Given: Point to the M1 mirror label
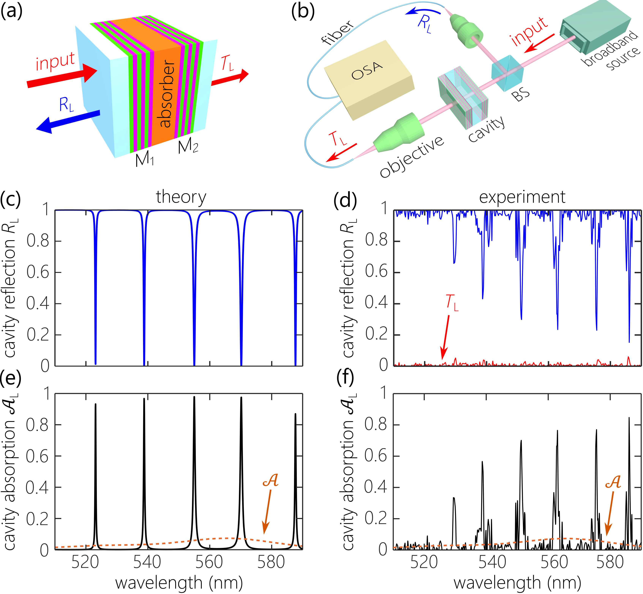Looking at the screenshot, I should click(145, 159).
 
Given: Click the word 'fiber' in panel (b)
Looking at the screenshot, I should click(338, 32).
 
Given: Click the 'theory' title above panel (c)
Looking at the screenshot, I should click(181, 197).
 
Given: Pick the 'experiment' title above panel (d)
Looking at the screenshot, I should click(522, 197).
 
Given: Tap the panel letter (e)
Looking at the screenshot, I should click(11, 378).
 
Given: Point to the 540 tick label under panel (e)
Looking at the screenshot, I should click(147, 562).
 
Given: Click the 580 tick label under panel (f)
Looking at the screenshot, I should click(610, 562).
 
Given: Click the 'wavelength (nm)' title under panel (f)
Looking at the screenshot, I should click(517, 583).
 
